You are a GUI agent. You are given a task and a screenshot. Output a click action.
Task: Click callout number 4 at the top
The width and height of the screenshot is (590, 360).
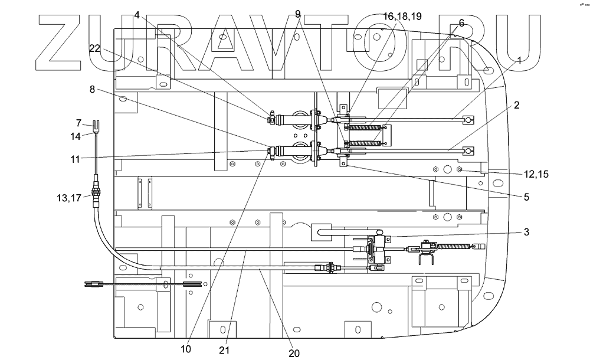click(x=137, y=15)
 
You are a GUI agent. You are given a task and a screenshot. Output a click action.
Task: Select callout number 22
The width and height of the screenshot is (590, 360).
click(x=96, y=48)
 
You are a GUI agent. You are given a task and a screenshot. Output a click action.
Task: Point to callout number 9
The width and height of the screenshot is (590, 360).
click(x=297, y=13)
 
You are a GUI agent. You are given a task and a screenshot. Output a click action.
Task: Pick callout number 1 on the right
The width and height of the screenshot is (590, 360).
click(x=519, y=60)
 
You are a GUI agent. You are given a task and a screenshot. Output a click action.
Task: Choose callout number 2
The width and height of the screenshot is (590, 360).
click(x=516, y=106)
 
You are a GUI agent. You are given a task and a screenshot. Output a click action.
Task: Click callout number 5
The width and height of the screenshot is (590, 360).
click(x=526, y=197)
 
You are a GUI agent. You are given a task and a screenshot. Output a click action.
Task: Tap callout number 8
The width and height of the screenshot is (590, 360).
click(x=92, y=89)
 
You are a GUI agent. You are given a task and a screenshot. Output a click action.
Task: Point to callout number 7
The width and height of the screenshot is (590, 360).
click(x=78, y=123)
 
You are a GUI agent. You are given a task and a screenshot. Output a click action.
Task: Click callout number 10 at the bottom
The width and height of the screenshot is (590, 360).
click(x=186, y=349)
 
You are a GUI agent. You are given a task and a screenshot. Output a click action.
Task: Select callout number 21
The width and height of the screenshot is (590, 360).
click(x=224, y=350)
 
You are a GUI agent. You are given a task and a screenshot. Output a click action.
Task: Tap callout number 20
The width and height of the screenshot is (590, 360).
click(x=294, y=353)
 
